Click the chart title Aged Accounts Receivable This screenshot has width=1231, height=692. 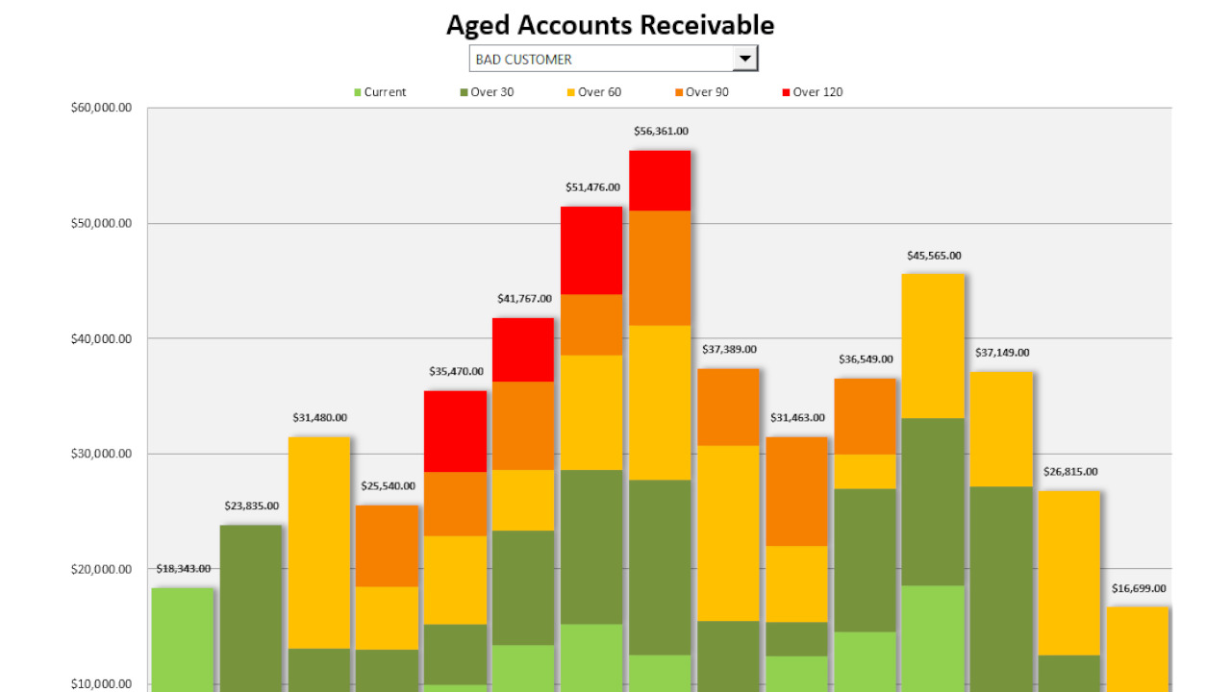click(610, 25)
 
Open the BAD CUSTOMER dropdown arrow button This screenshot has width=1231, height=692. click(744, 59)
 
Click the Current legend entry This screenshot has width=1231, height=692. click(381, 92)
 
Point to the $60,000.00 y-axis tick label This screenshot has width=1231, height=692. click(101, 108)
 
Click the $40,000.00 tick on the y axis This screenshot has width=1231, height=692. click(101, 338)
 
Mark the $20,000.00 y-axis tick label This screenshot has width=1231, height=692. click(101, 569)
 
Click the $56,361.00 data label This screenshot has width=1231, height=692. click(661, 131)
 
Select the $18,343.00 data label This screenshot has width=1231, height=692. click(183, 568)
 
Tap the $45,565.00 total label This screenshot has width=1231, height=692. click(934, 256)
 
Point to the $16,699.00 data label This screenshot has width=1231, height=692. click(1138, 588)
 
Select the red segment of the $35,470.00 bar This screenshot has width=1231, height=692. click(456, 432)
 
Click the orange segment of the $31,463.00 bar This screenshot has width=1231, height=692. click(797, 491)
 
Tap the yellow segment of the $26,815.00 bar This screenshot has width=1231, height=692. click(1069, 573)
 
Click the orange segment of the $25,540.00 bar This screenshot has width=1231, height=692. click(388, 546)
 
